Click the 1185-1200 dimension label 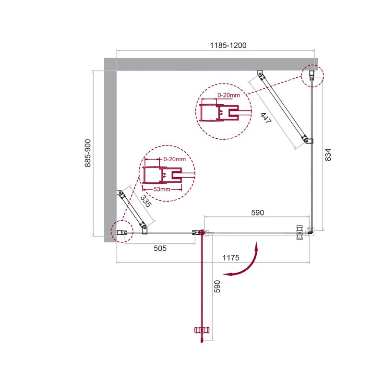(228, 45)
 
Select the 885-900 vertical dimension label (88, 153)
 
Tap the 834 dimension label (328, 155)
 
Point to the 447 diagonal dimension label (266, 118)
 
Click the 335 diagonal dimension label (146, 201)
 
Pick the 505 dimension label (160, 248)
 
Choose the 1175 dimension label (231, 258)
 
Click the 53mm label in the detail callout (162, 189)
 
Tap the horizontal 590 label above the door (258, 213)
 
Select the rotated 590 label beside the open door (217, 286)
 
